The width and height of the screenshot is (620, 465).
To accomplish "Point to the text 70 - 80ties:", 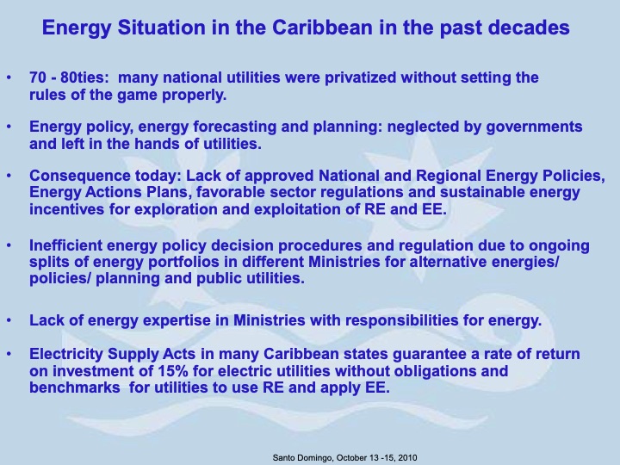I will pyautogui.click(x=69, y=78).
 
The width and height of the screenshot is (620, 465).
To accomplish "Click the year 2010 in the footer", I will pyautogui.click(x=404, y=456).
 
